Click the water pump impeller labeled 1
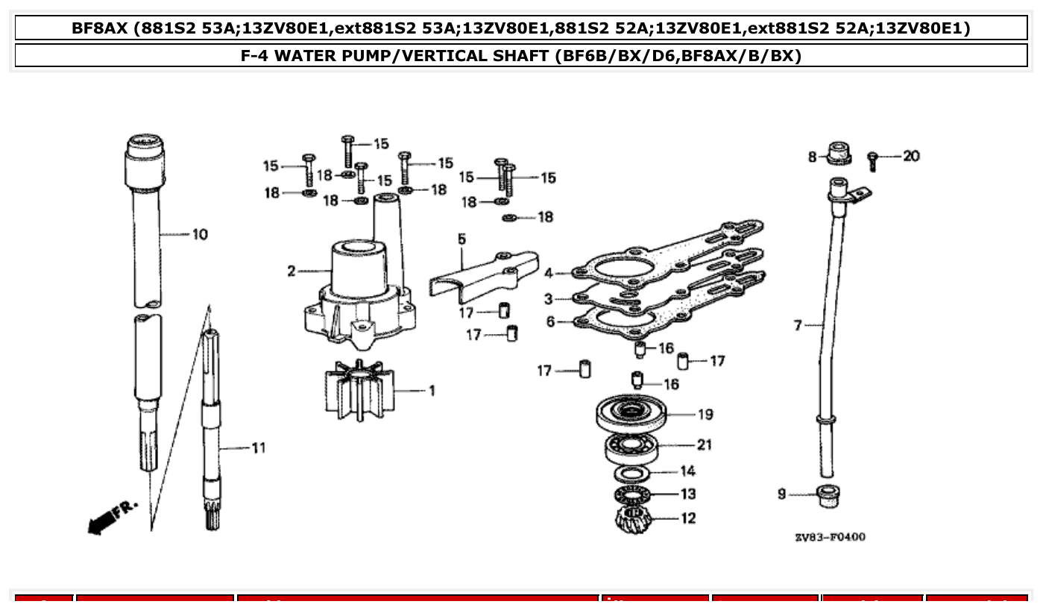click(358, 389)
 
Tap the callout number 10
click(200, 235)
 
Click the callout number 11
click(258, 448)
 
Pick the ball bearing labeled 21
click(631, 446)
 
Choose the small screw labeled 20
click(872, 159)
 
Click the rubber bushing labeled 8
click(839, 151)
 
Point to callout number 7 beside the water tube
click(797, 325)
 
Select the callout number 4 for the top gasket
click(548, 274)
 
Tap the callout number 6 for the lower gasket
click(550, 322)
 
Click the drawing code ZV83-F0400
click(830, 537)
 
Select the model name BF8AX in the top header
click(100, 28)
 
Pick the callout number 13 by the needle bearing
click(687, 494)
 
